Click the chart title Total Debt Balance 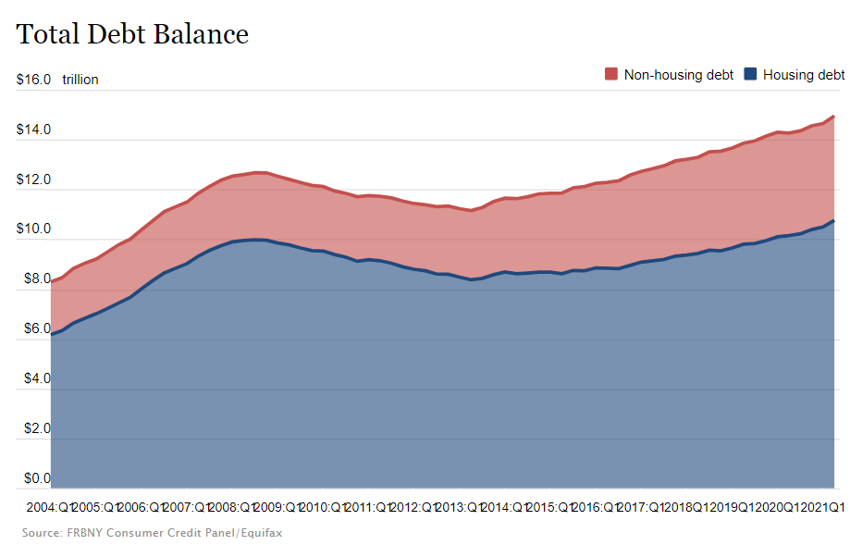pos(132,34)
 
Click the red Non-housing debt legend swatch pos(610,74)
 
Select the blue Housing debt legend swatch pos(750,74)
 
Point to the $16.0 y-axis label pos(33,80)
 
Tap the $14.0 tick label pos(33,130)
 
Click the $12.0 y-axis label pos(33,180)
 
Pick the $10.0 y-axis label pos(33,229)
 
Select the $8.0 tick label pos(33,279)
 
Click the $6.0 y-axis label pos(33,328)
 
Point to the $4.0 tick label pos(33,378)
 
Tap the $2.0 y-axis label pos(33,428)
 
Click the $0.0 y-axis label pos(33,478)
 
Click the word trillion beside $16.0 pos(80,80)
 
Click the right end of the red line pos(834,117)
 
